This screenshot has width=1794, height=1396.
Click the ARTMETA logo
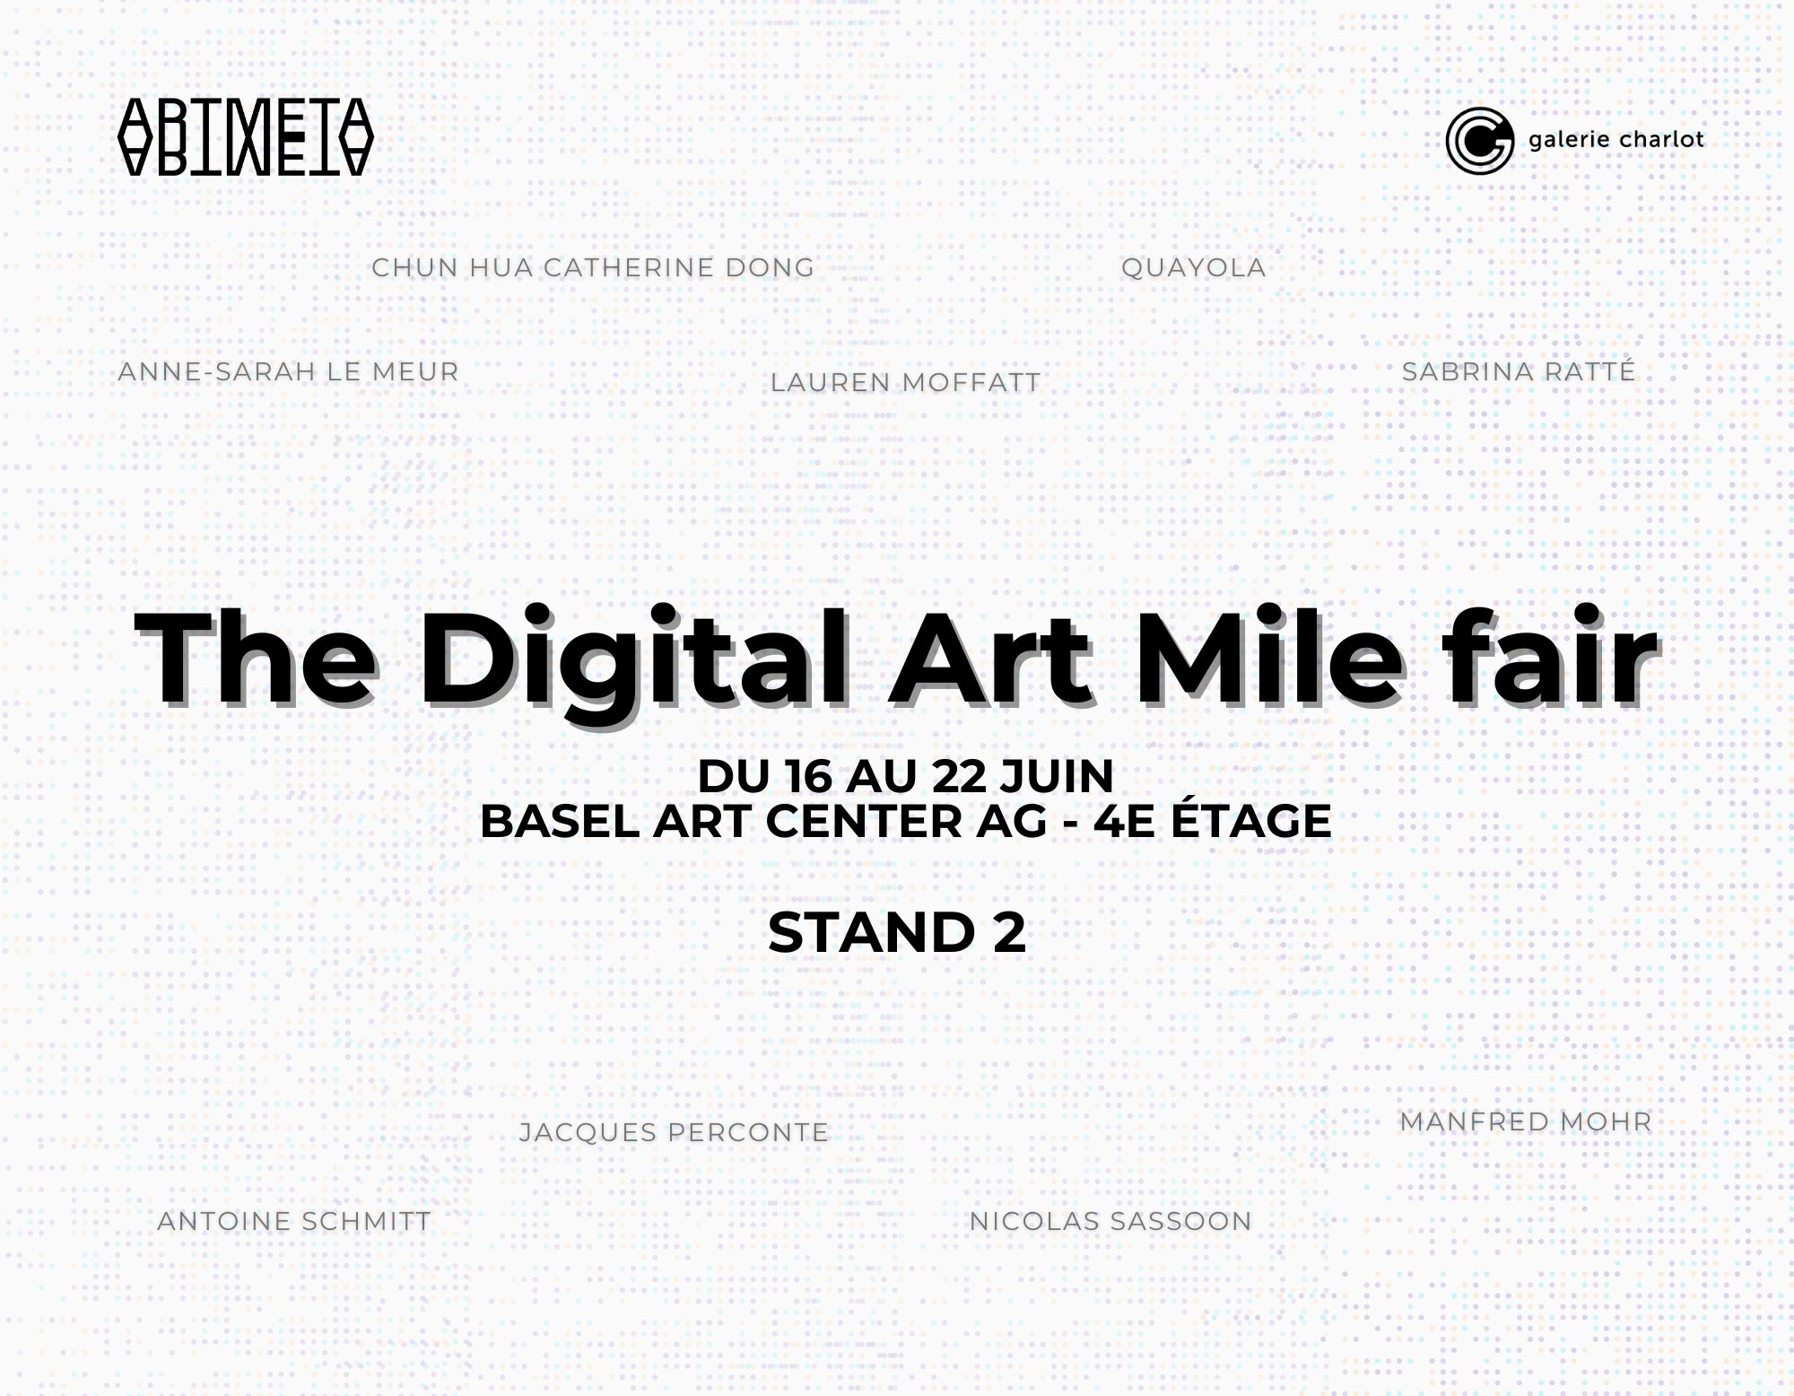pyautogui.click(x=245, y=136)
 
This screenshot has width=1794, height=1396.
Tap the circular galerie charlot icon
pyautogui.click(x=1479, y=140)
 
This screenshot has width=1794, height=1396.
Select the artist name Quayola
pyautogui.click(x=1193, y=267)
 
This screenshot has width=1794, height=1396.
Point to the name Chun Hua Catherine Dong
pyautogui.click(x=593, y=267)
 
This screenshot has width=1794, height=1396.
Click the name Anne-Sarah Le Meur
pyautogui.click(x=288, y=371)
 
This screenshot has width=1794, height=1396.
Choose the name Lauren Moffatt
pyautogui.click(x=905, y=382)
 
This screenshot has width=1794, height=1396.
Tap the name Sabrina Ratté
pyautogui.click(x=1519, y=371)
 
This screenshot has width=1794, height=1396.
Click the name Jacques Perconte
pyautogui.click(x=674, y=1132)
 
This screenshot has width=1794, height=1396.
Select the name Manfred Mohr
pyautogui.click(x=1525, y=1121)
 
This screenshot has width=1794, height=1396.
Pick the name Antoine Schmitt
pyautogui.click(x=294, y=1221)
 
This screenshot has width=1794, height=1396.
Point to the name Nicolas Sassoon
pyautogui.click(x=1110, y=1221)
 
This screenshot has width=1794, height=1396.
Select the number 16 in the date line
pyautogui.click(x=807, y=777)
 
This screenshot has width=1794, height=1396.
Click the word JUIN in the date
pyautogui.click(x=1057, y=777)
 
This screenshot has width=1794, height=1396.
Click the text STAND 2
pyautogui.click(x=897, y=933)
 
